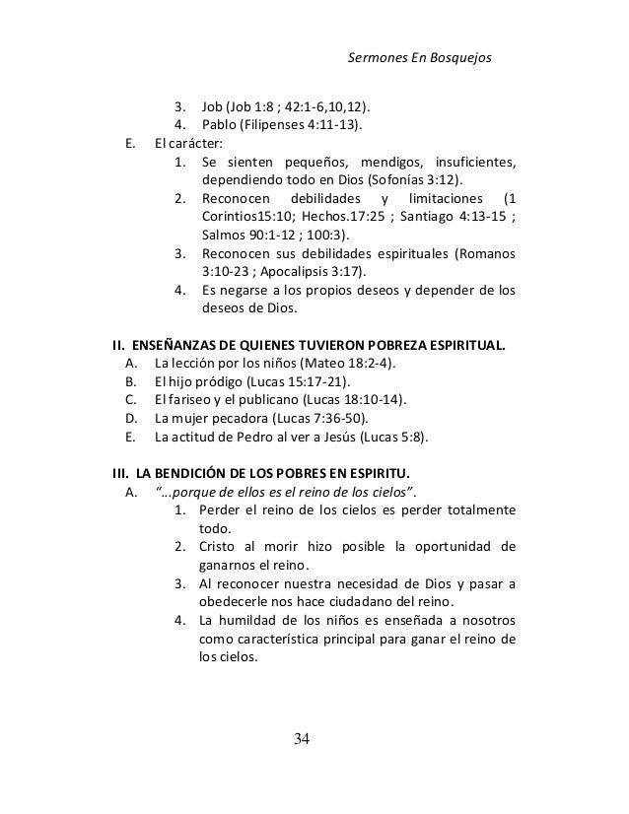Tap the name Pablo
tap(220, 126)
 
